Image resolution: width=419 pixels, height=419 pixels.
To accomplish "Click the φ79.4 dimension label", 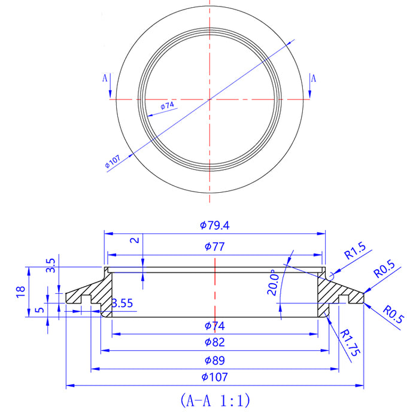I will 215,226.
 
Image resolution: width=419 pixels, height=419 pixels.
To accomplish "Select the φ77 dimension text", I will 215,246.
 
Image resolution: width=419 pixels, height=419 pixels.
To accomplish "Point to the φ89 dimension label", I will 215,362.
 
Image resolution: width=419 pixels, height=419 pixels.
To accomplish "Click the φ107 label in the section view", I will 215,377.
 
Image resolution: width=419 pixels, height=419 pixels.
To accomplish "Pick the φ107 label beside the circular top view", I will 113,160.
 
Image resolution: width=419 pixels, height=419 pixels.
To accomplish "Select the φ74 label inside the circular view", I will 168,106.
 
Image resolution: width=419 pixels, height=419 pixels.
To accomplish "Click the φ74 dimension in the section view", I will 215,326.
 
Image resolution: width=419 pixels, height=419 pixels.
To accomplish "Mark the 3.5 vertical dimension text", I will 50,265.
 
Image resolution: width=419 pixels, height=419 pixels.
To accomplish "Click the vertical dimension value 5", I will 40,311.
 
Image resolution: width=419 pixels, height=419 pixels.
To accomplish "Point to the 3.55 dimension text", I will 122,302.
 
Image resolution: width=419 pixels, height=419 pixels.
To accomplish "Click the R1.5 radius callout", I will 355,250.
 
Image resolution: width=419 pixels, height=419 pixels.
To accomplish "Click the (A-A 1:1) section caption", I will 215,399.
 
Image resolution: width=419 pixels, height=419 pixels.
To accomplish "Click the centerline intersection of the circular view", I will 210,99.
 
